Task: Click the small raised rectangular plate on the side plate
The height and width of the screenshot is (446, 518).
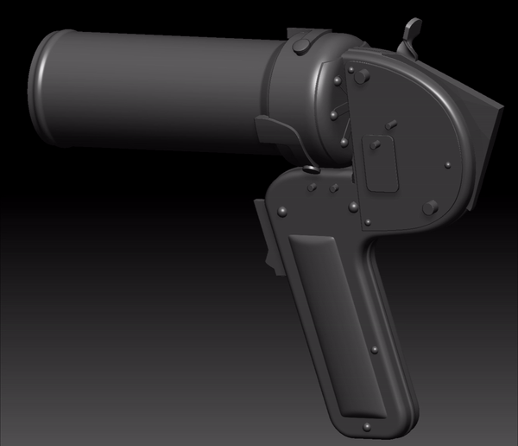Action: tap(377, 163)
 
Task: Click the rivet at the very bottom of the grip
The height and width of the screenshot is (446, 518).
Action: tap(369, 425)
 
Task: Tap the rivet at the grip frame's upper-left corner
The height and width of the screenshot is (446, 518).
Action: tap(282, 207)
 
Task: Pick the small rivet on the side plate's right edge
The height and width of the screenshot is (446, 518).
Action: tap(447, 164)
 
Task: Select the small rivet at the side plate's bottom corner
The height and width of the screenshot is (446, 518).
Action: tap(368, 224)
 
